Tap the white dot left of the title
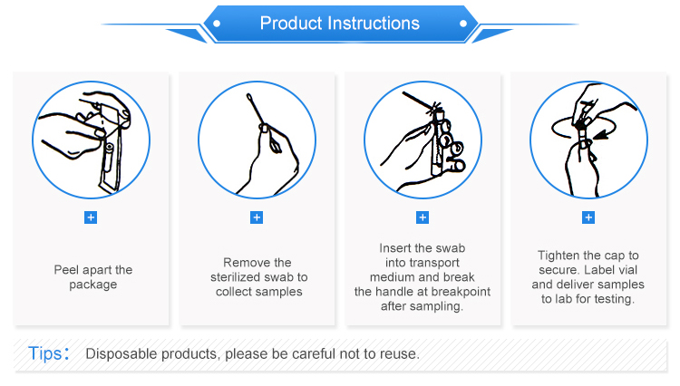click(x=217, y=24)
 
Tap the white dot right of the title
click(x=463, y=24)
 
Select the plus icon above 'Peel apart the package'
click(x=91, y=217)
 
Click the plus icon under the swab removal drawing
click(x=257, y=217)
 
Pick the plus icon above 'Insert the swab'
click(x=423, y=217)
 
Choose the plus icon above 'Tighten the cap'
click(x=588, y=217)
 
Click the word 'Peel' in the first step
click(x=66, y=270)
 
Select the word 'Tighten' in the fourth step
click(x=559, y=256)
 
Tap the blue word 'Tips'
click(x=45, y=353)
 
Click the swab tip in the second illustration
click(x=249, y=97)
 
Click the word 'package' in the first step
click(x=93, y=285)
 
